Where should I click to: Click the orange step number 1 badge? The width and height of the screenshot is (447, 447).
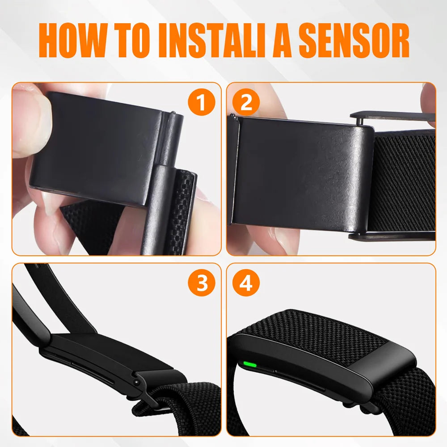click(201, 103)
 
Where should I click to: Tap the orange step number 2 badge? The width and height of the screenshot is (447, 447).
click(246, 103)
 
